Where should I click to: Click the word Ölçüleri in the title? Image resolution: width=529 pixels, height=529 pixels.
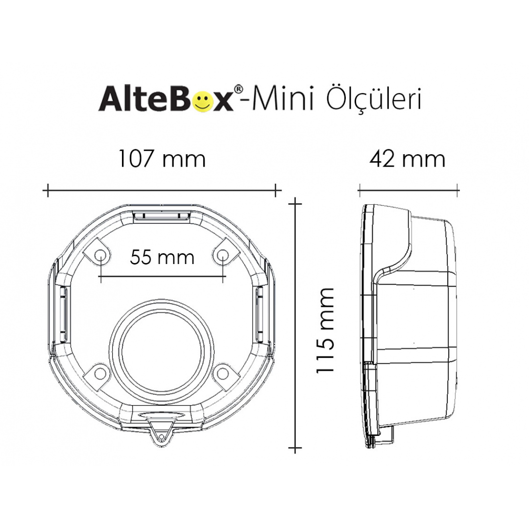373,99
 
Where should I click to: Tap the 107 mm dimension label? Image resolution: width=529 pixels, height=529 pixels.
162,159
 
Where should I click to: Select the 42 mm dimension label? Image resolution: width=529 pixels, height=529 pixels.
408,159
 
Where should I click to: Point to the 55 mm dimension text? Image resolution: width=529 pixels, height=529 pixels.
162,257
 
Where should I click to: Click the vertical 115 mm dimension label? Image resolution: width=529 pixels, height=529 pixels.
325,331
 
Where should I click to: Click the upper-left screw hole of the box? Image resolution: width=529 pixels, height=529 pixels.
100,254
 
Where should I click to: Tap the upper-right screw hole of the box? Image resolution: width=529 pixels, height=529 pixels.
223,254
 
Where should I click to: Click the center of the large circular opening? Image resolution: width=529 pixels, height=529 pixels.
162,352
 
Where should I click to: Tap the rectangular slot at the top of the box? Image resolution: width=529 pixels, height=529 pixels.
162,216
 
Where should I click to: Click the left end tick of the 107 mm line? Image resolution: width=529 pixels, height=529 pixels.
48,191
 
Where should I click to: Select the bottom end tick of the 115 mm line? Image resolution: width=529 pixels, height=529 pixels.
294,447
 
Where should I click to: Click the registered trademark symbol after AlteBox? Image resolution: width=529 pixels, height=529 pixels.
238,90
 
